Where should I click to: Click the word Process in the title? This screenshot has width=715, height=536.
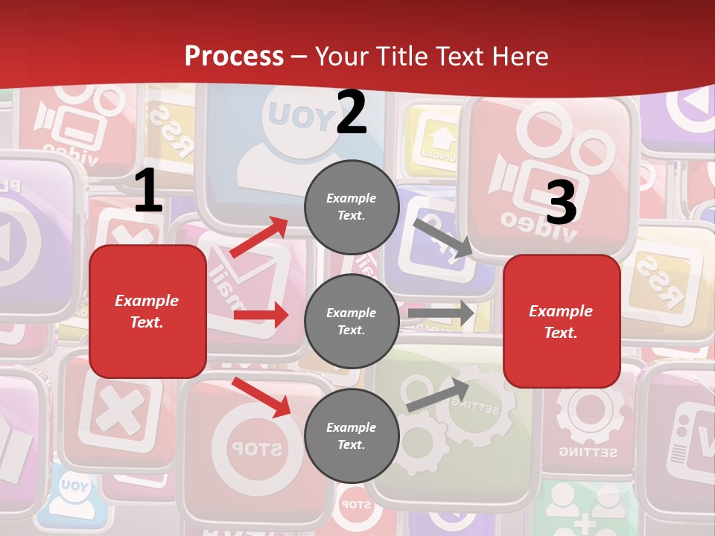(x=234, y=56)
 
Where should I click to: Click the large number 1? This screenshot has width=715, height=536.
(x=148, y=192)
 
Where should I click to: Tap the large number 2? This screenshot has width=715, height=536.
(x=352, y=112)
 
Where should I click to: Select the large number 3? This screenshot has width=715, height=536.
(x=561, y=203)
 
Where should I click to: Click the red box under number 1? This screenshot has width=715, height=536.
(x=147, y=311)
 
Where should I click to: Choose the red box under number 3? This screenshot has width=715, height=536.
(x=562, y=321)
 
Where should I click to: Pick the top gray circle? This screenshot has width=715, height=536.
(x=352, y=207)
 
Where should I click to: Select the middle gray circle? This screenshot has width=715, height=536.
(x=352, y=321)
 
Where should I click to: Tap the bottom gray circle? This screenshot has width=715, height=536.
(x=352, y=435)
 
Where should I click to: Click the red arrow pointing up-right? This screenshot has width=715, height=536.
(x=259, y=237)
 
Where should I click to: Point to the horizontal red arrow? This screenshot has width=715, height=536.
(x=261, y=315)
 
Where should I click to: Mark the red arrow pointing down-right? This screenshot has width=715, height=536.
(x=261, y=397)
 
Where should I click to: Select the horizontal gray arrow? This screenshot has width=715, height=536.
(x=441, y=313)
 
